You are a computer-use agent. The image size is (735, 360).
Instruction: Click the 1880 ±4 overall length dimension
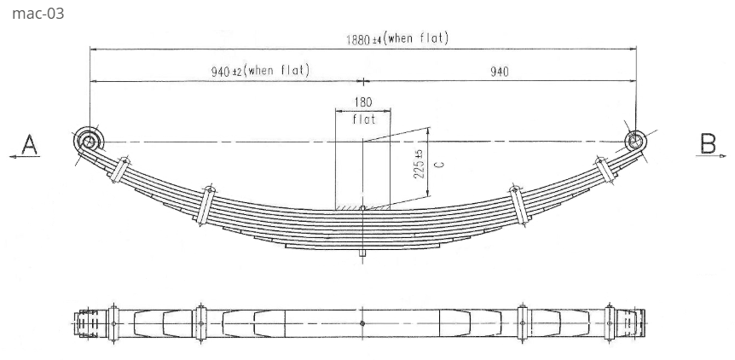coord(396,38)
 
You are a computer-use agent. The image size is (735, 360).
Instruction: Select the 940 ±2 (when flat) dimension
coord(260,71)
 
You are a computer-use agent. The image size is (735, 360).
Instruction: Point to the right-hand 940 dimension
coord(499,72)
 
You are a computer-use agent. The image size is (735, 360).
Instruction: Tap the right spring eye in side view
coord(634,140)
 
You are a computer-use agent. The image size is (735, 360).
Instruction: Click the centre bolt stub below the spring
coord(363,252)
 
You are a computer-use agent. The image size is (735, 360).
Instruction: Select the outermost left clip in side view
coord(120,169)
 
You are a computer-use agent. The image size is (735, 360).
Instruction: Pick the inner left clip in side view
coord(205,204)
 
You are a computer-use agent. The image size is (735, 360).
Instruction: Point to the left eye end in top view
coord(85,323)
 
